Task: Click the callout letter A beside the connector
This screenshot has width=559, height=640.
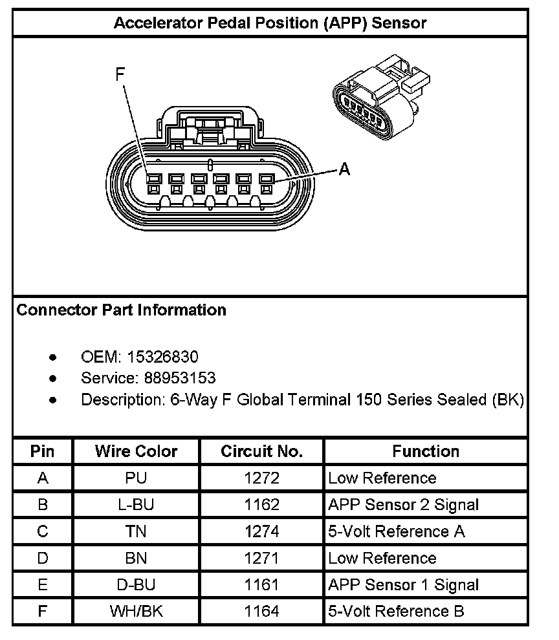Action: [345, 169]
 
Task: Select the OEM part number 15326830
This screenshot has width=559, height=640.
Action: [162, 356]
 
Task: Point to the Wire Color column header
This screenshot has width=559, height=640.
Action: [136, 451]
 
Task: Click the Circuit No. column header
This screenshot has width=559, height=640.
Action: [261, 451]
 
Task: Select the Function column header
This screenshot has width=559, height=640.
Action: [426, 451]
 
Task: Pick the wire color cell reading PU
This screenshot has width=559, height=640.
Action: [136, 478]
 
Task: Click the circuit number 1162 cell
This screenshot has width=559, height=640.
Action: [261, 505]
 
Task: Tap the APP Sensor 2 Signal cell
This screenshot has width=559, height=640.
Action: [403, 505]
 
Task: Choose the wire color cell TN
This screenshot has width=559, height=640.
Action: [136, 531]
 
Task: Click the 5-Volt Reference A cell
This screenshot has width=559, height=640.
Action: [397, 531]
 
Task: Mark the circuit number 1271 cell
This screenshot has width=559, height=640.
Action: [261, 558]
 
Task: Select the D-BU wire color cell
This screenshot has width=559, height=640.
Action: [136, 585]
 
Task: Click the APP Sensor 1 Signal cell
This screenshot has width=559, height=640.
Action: [403, 585]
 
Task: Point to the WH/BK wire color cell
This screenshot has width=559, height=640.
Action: [136, 611]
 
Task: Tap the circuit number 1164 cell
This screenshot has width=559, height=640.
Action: [261, 611]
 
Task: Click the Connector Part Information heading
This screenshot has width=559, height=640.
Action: [121, 310]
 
